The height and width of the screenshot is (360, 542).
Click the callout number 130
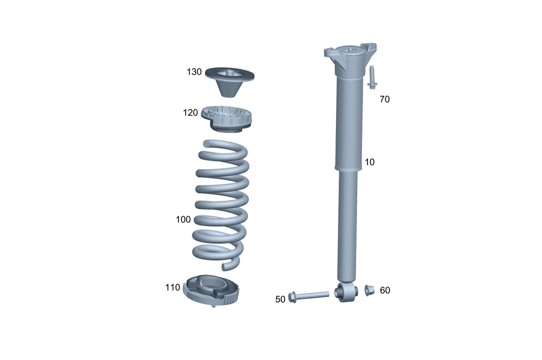(194, 72)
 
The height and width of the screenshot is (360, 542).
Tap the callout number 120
(190, 113)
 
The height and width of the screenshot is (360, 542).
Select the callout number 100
(183, 220)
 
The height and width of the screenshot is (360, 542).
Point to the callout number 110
(172, 287)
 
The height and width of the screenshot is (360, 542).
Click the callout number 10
(370, 162)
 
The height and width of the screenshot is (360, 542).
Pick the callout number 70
(384, 99)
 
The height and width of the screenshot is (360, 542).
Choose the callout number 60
(385, 291)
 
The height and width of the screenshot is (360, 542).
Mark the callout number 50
(280, 299)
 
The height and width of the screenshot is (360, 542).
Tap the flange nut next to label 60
(369, 290)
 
